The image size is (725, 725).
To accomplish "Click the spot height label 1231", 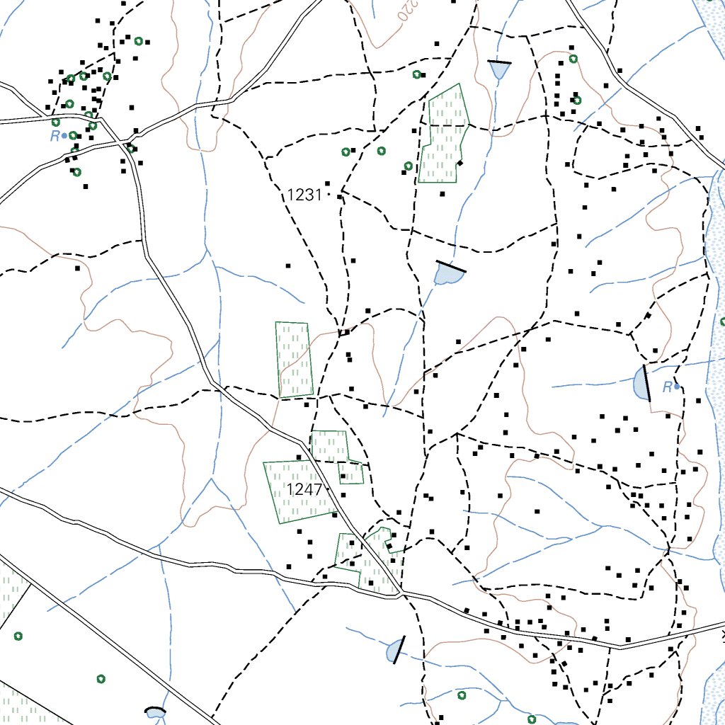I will click(305, 195).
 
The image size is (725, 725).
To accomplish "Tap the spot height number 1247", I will click(304, 489).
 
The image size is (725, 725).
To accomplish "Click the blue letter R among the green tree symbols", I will click(55, 136).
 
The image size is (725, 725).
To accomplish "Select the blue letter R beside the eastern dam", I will click(667, 387).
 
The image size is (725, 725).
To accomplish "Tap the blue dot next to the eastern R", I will click(677, 387).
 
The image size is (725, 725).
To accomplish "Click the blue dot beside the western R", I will click(64, 135).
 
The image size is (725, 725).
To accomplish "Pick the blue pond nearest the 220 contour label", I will click(499, 70).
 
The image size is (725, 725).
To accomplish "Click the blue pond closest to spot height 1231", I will click(447, 275).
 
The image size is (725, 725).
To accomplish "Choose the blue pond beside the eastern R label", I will click(641, 384).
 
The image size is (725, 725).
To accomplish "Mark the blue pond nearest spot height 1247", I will click(393, 651).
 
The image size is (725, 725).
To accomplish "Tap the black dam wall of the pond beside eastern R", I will click(647, 383).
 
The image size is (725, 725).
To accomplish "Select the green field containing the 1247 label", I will click(297, 492).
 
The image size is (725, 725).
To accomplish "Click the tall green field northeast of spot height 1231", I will click(444, 135).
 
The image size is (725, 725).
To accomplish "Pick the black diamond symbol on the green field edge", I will click(459, 164).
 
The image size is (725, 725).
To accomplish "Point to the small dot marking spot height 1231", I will click(329, 195).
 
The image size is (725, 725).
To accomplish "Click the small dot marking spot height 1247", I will click(329, 489).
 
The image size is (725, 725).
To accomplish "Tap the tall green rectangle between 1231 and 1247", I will click(294, 360).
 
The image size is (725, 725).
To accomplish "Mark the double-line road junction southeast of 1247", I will click(401, 593).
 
